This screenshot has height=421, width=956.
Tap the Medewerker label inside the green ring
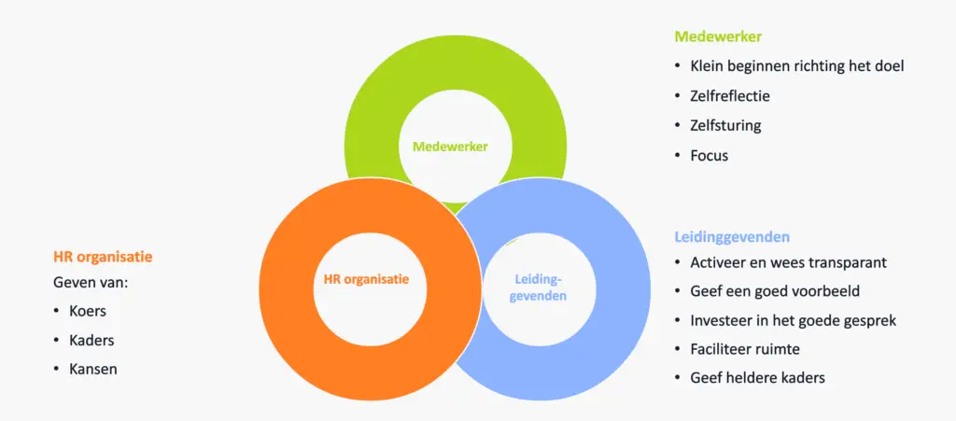pyautogui.click(x=450, y=147)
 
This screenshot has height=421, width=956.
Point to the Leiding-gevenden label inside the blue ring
pyautogui.click(x=541, y=287)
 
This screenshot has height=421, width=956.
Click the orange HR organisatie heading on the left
pyautogui.click(x=104, y=255)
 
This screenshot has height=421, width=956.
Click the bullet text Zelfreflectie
pyautogui.click(x=730, y=96)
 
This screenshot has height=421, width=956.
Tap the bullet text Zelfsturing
pyautogui.click(x=725, y=125)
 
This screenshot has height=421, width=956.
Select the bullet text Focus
pyautogui.click(x=709, y=155)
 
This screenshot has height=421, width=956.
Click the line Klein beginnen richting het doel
pyautogui.click(x=796, y=66)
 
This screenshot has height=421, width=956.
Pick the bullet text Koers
pyautogui.click(x=88, y=311)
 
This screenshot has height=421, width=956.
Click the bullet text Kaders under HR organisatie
pyautogui.click(x=91, y=340)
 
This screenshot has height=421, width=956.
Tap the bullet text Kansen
pyautogui.click(x=93, y=369)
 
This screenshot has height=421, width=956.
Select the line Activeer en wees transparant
pyautogui.click(x=788, y=262)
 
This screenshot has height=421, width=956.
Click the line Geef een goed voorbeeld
pyautogui.click(x=775, y=291)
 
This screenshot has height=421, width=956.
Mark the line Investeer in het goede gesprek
pyautogui.click(x=793, y=320)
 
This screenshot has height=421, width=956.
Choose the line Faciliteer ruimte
pyautogui.click(x=745, y=349)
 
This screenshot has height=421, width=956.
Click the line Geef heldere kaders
pyautogui.click(x=757, y=378)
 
